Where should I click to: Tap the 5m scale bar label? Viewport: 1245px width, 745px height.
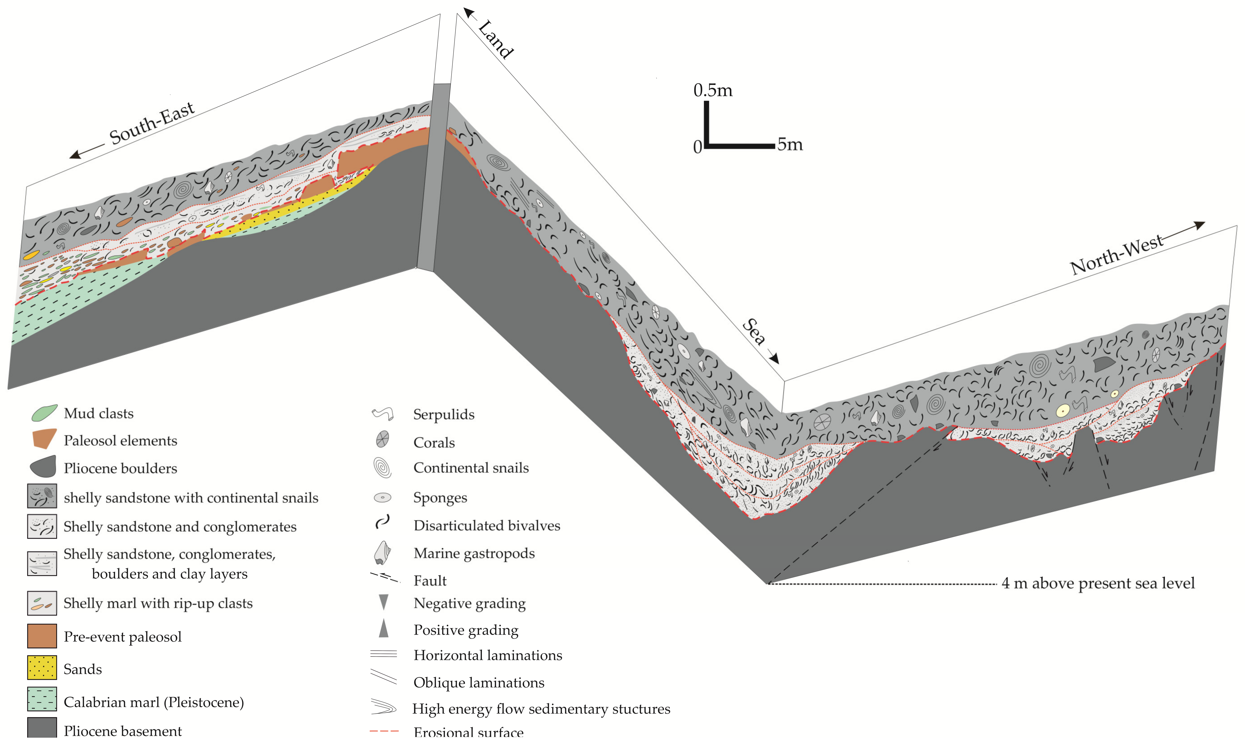790,145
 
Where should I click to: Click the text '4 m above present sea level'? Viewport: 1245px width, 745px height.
1098,583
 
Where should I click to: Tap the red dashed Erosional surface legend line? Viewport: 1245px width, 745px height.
384,732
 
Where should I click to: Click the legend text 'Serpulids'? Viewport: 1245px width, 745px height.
444,415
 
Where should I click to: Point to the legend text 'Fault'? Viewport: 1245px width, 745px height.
430,581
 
